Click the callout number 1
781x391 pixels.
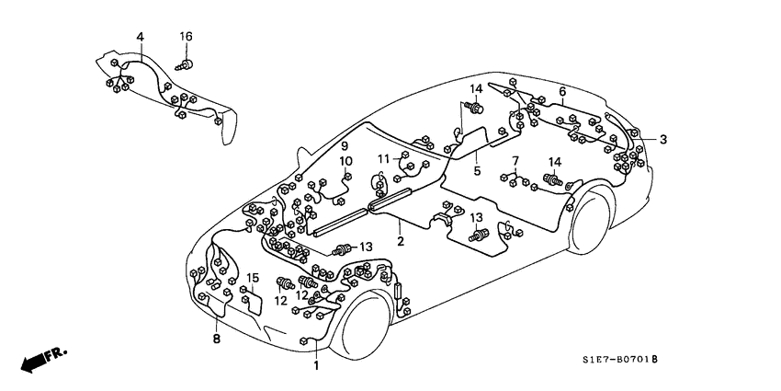click(x=316, y=365)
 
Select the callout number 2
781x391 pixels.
click(x=401, y=241)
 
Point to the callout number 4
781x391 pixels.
click(x=140, y=38)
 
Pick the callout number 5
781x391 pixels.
click(x=477, y=170)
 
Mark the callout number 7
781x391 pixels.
click(x=515, y=161)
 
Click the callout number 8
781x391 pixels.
click(x=217, y=339)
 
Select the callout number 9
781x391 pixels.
click(x=345, y=146)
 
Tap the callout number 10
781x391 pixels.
click(x=347, y=162)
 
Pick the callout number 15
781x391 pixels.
click(x=253, y=278)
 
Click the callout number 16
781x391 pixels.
click(x=186, y=36)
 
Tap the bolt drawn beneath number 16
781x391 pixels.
click(x=187, y=64)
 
